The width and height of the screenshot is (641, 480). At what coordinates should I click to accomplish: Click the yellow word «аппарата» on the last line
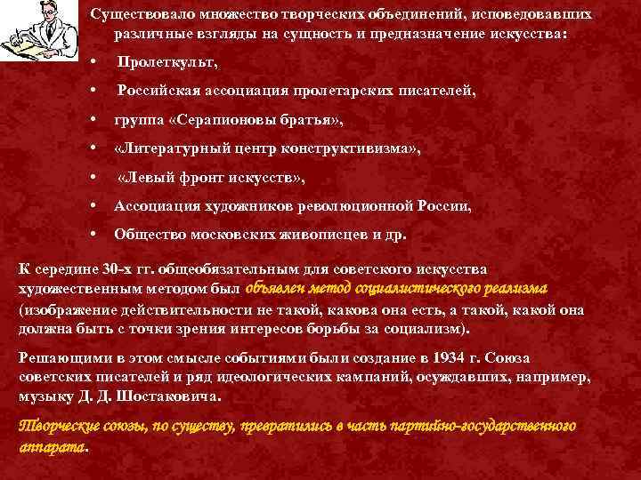point(53,444)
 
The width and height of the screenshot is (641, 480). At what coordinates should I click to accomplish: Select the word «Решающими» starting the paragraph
point(59,358)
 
